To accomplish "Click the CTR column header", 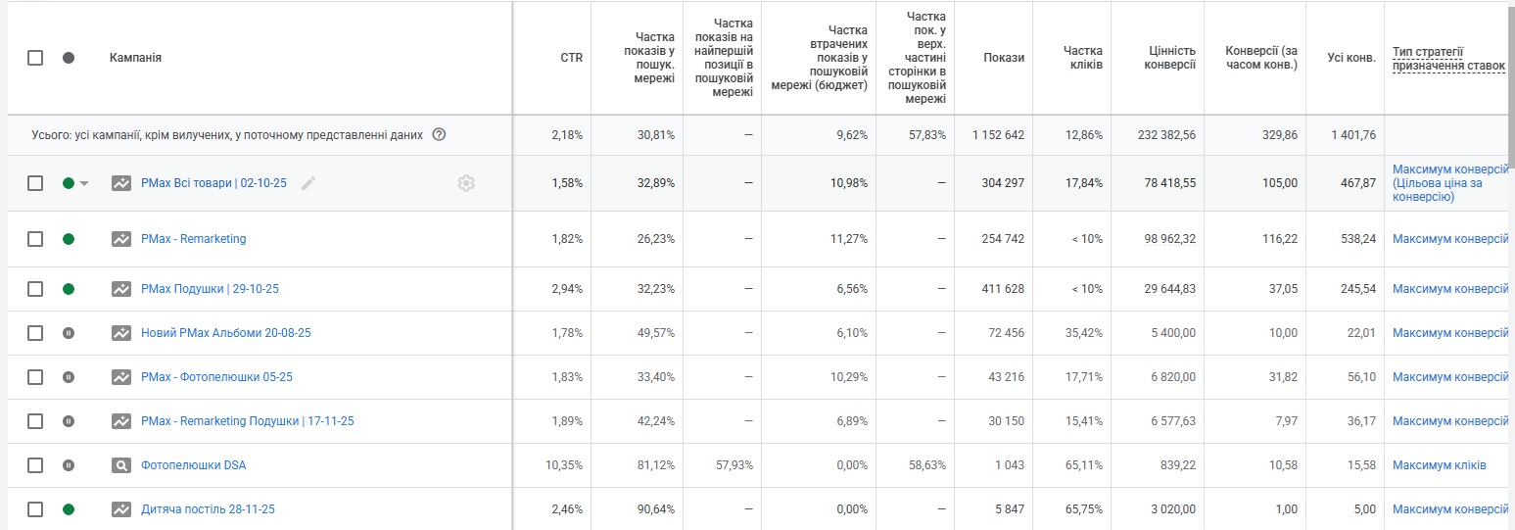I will (x=571, y=58).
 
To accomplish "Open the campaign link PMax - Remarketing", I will (x=193, y=239).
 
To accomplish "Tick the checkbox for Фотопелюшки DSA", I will (x=35, y=465).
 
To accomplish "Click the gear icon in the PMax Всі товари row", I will (x=466, y=183).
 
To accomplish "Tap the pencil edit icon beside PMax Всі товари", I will (x=308, y=183).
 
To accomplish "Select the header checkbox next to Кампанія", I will (x=35, y=58).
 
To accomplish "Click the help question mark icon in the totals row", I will (x=439, y=135).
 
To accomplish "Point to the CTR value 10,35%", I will (x=564, y=465).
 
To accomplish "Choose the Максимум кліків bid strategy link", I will (x=1439, y=465).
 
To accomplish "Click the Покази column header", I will (x=1004, y=58).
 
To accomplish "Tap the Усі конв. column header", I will (x=1351, y=58).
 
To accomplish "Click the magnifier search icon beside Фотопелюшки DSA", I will (x=121, y=465).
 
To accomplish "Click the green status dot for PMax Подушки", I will (x=69, y=289).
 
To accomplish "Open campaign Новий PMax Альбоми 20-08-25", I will (x=225, y=333).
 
